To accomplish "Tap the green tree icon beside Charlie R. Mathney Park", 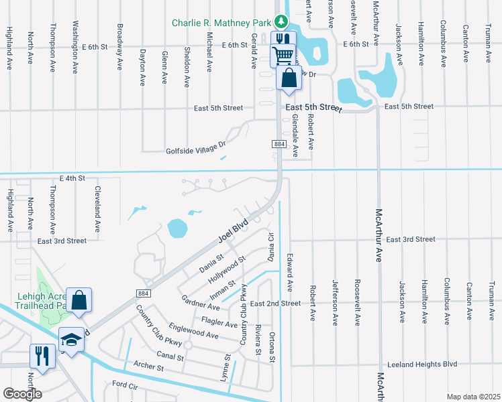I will pyautogui.click(x=278, y=23).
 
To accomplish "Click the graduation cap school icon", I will pyautogui.click(x=71, y=338).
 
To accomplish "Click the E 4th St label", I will pyautogui.click(x=72, y=178).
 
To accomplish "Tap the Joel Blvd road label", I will pyautogui.click(x=232, y=230).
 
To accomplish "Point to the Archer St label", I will pyautogui.click(x=149, y=367).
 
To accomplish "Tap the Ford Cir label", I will pyautogui.click(x=125, y=384).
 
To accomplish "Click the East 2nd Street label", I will pyautogui.click(x=275, y=304).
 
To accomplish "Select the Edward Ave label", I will pyautogui.click(x=290, y=272).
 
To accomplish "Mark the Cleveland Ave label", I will pyautogui.click(x=98, y=209).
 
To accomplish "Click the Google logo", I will pyautogui.click(x=22, y=394).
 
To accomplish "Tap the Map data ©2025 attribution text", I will pyautogui.click(x=473, y=397).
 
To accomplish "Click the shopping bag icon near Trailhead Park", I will pyautogui.click(x=79, y=301).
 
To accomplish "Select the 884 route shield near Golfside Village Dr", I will pyautogui.click(x=279, y=144).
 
